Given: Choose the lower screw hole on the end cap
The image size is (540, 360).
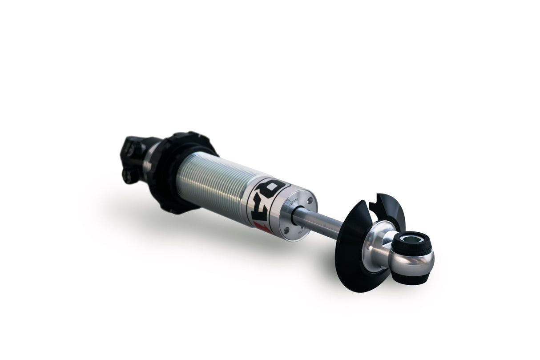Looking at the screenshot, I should click(x=286, y=231).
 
